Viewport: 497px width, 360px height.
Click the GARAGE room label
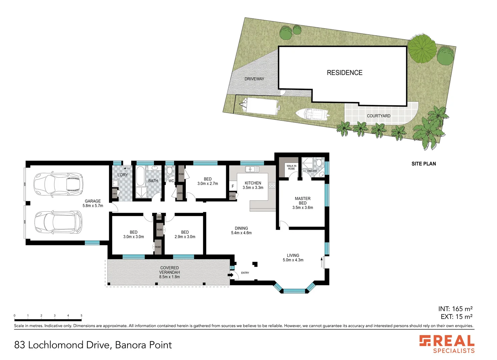93,201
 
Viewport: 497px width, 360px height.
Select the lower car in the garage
58,222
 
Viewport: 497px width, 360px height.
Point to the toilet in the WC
170,171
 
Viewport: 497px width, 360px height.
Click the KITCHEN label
253,183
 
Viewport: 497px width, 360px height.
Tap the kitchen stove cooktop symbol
272,185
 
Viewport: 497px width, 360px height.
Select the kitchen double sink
252,169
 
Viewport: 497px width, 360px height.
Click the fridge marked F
233,186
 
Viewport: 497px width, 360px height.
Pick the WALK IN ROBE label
291,167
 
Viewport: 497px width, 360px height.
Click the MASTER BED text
303,201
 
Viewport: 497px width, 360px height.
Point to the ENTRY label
245,273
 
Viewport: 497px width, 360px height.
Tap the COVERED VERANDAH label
169,270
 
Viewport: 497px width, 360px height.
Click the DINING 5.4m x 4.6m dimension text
241,233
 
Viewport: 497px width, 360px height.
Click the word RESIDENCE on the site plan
345,73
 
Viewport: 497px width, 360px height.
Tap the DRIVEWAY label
254,79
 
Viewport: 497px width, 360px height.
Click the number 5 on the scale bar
81,315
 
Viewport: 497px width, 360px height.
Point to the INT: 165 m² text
455,309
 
